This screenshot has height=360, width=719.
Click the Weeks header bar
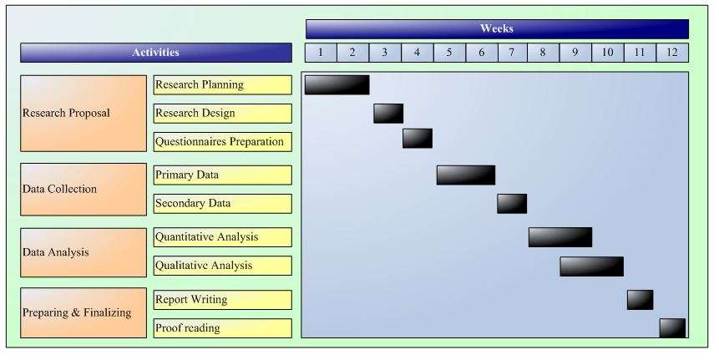point(497,29)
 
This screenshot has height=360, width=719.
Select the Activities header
point(156,53)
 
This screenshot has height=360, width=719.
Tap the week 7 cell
point(512,53)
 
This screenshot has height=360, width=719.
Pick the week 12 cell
point(672,53)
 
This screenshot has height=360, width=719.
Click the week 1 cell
point(321,53)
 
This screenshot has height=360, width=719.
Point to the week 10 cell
point(607,53)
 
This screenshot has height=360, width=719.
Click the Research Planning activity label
point(223,84)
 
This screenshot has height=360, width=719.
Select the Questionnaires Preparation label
point(223,142)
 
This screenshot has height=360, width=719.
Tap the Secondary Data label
point(223,204)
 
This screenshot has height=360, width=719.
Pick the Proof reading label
point(223,328)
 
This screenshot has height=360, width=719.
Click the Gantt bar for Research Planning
point(337,84)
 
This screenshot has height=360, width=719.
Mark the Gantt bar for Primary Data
point(465,175)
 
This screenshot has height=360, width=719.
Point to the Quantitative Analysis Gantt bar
point(560,237)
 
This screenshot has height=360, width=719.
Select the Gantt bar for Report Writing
point(640,300)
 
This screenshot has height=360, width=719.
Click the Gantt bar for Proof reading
point(672,328)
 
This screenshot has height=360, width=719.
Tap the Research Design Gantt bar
point(388,114)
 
